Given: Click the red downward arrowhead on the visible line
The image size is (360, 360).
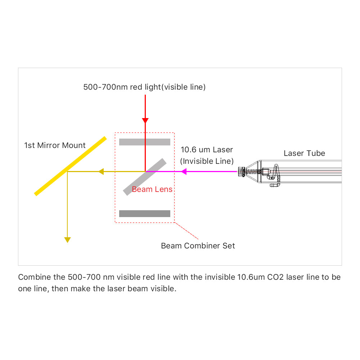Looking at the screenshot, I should [145, 120].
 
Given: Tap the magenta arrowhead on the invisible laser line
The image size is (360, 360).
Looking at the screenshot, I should [184, 172].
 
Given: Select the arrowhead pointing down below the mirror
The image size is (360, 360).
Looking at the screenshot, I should [67, 240].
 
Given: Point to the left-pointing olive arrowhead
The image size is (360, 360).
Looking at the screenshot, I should [101, 172].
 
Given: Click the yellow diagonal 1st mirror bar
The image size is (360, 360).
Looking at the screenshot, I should [71, 166].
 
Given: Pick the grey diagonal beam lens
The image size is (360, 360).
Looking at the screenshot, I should [144, 177].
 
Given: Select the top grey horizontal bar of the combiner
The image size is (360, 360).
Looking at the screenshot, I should [145, 142].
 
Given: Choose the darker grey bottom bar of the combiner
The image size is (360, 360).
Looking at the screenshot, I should [145, 214].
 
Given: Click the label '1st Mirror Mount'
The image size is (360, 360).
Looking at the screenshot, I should [55, 145].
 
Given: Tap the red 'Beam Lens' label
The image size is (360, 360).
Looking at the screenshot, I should [152, 189].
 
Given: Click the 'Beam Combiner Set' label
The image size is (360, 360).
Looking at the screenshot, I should [198, 246].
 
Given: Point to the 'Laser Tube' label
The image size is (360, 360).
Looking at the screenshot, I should [304, 153].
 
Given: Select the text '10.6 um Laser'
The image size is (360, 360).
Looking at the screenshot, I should [207, 150].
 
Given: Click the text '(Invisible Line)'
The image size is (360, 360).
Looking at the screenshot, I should [207, 161].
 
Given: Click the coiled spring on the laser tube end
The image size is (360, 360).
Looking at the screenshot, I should [254, 172].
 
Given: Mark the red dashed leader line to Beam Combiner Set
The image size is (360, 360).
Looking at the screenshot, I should [187, 231].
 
